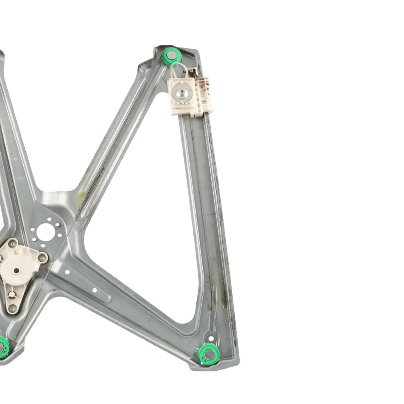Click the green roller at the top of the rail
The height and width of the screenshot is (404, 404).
(172, 56)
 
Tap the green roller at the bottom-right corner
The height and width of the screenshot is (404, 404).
(209, 354)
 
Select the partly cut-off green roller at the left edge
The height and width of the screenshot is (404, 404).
(3, 347)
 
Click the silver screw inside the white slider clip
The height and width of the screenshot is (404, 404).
(182, 91)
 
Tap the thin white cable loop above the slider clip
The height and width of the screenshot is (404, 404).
(179, 69)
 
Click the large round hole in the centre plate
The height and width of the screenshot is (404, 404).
(46, 232)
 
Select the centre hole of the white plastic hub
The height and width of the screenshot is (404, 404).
(16, 270)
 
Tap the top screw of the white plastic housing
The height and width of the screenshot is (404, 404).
(13, 244)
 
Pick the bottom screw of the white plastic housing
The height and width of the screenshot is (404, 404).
(13, 308)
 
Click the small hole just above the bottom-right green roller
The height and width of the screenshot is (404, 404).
(211, 338)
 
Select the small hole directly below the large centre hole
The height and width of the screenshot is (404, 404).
(42, 245)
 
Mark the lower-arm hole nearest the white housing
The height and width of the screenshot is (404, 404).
(67, 272)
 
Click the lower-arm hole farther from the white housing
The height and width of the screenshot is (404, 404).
(94, 290)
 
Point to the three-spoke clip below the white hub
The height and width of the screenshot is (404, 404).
(13, 294)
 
